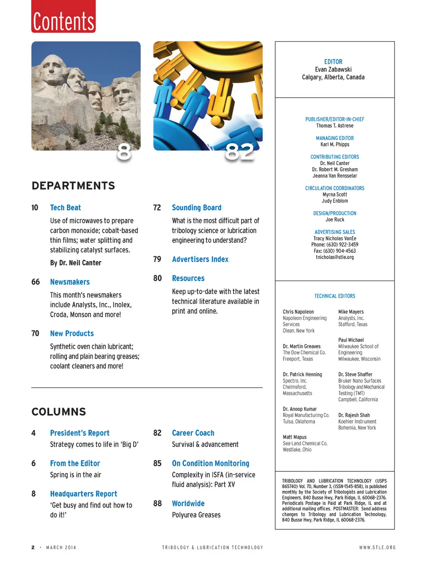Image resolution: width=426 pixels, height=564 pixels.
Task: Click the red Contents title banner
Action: [63, 18]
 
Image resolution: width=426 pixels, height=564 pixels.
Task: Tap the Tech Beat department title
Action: [65, 208]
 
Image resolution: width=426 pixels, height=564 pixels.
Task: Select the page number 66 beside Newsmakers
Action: [35, 282]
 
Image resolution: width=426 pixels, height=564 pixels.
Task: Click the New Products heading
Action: [72, 333]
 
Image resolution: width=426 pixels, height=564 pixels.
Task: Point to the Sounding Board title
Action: [197, 208]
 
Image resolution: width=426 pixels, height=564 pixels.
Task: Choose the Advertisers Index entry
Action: [200, 259]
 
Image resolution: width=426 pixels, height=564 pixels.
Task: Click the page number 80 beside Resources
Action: [158, 278]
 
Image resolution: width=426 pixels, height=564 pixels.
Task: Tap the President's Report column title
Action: [79, 433]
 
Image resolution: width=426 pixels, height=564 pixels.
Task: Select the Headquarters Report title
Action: [83, 494]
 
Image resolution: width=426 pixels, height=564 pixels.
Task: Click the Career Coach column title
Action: [193, 433]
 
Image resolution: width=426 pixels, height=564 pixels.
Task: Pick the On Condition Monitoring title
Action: [210, 463]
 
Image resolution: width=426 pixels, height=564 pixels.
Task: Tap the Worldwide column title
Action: [188, 504]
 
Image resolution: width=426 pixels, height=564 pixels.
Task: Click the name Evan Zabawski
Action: [333, 70]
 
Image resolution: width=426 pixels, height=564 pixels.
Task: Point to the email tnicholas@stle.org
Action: [335, 257]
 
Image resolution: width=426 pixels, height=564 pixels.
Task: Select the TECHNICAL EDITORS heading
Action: [335, 296]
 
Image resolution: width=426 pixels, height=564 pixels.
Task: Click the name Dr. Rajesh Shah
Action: [354, 415]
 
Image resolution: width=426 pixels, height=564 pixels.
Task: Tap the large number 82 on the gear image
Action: [239, 152]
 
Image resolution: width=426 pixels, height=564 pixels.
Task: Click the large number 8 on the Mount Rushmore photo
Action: [124, 152]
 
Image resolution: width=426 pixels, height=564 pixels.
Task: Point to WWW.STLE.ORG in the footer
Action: [377, 548]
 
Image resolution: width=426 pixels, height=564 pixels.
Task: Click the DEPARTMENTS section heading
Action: [73, 186]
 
